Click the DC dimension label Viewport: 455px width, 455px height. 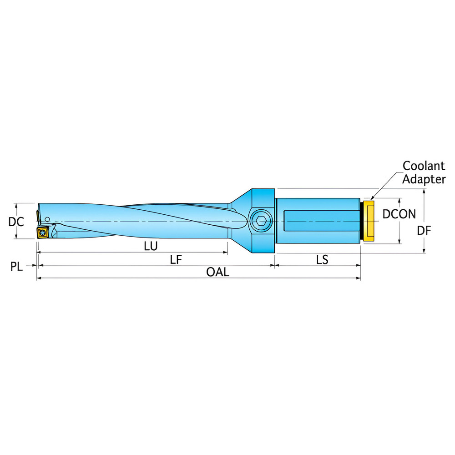tap(16, 222)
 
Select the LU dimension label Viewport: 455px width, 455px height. tap(151, 246)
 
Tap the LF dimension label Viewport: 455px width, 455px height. tap(176, 259)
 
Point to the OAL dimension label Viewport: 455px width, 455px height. tap(217, 272)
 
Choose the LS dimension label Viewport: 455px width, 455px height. tap(322, 260)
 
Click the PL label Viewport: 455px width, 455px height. tap(16, 266)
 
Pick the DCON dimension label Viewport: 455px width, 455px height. tap(399, 214)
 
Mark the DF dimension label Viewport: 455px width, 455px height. tap(424, 231)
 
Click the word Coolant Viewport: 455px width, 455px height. tap(424, 166)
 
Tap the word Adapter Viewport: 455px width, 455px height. tap(424, 179)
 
